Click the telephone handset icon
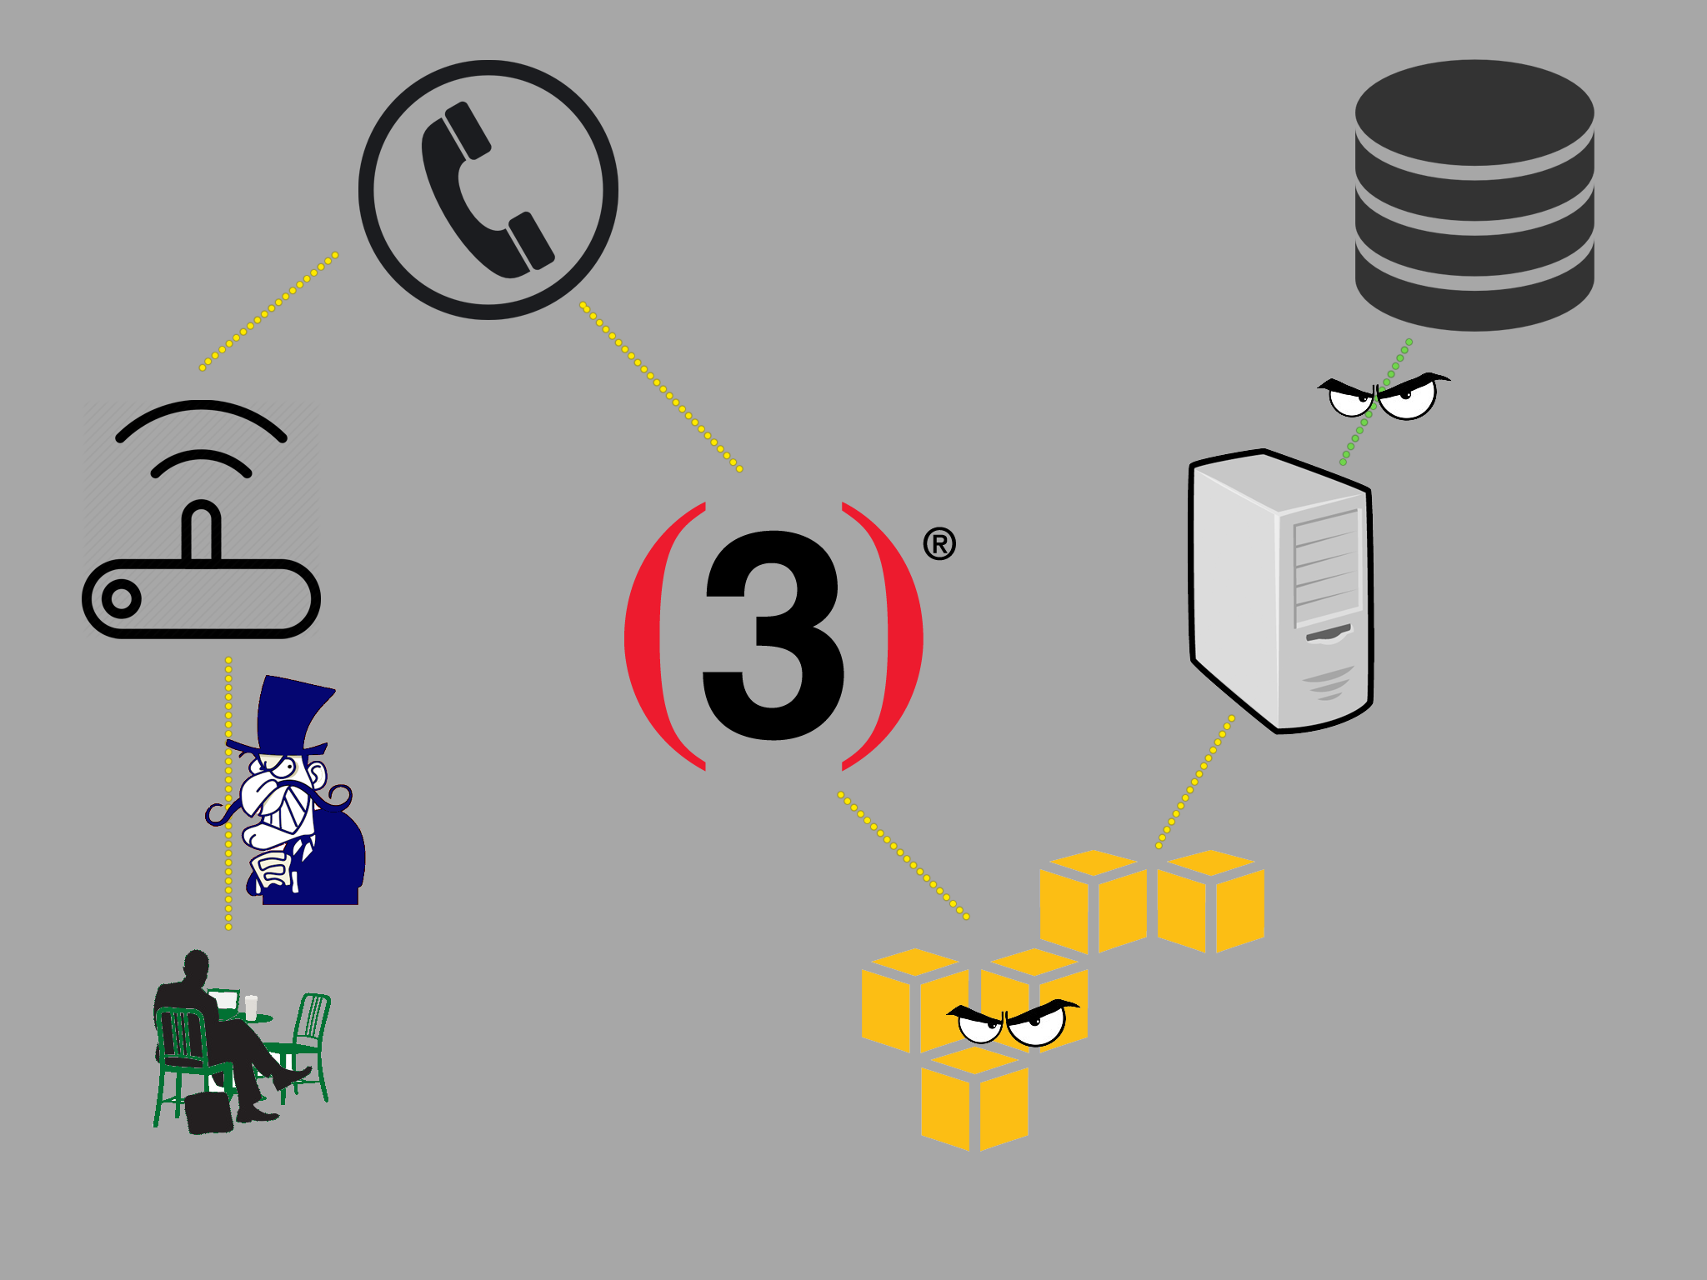point(488,190)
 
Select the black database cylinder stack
point(1474,195)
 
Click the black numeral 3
point(774,635)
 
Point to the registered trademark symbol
point(939,544)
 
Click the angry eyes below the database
point(1384,396)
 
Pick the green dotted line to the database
point(1375,402)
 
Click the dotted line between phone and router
point(268,311)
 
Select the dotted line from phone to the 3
point(660,387)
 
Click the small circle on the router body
point(122,599)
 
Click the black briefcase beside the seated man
point(208,1113)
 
